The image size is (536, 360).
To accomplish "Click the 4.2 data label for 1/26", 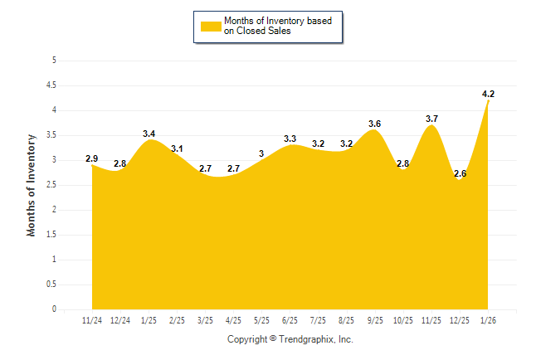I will click(488, 94).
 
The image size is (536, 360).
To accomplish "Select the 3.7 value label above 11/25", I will click(431, 119).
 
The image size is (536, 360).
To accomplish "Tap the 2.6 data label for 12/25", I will click(460, 173).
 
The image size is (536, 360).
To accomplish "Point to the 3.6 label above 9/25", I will click(375, 124).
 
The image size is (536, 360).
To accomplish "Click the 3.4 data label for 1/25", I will click(149, 134).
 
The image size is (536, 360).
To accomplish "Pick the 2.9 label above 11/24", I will click(92, 158).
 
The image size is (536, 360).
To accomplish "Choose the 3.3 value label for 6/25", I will click(290, 139).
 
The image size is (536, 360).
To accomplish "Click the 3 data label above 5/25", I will click(261, 153).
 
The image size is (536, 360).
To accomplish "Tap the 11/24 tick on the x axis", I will click(92, 320).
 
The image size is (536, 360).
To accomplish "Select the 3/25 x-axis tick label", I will click(205, 320).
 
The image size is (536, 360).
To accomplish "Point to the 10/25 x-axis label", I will click(403, 320).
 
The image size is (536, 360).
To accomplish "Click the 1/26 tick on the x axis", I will click(488, 320).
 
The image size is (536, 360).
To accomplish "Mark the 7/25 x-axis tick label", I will click(319, 320).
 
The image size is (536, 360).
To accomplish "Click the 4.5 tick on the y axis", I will click(51, 85).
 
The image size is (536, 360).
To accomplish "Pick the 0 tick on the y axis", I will click(54, 309).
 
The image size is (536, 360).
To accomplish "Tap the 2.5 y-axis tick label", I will click(51, 185).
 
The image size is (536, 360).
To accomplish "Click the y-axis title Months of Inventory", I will click(32, 185).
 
